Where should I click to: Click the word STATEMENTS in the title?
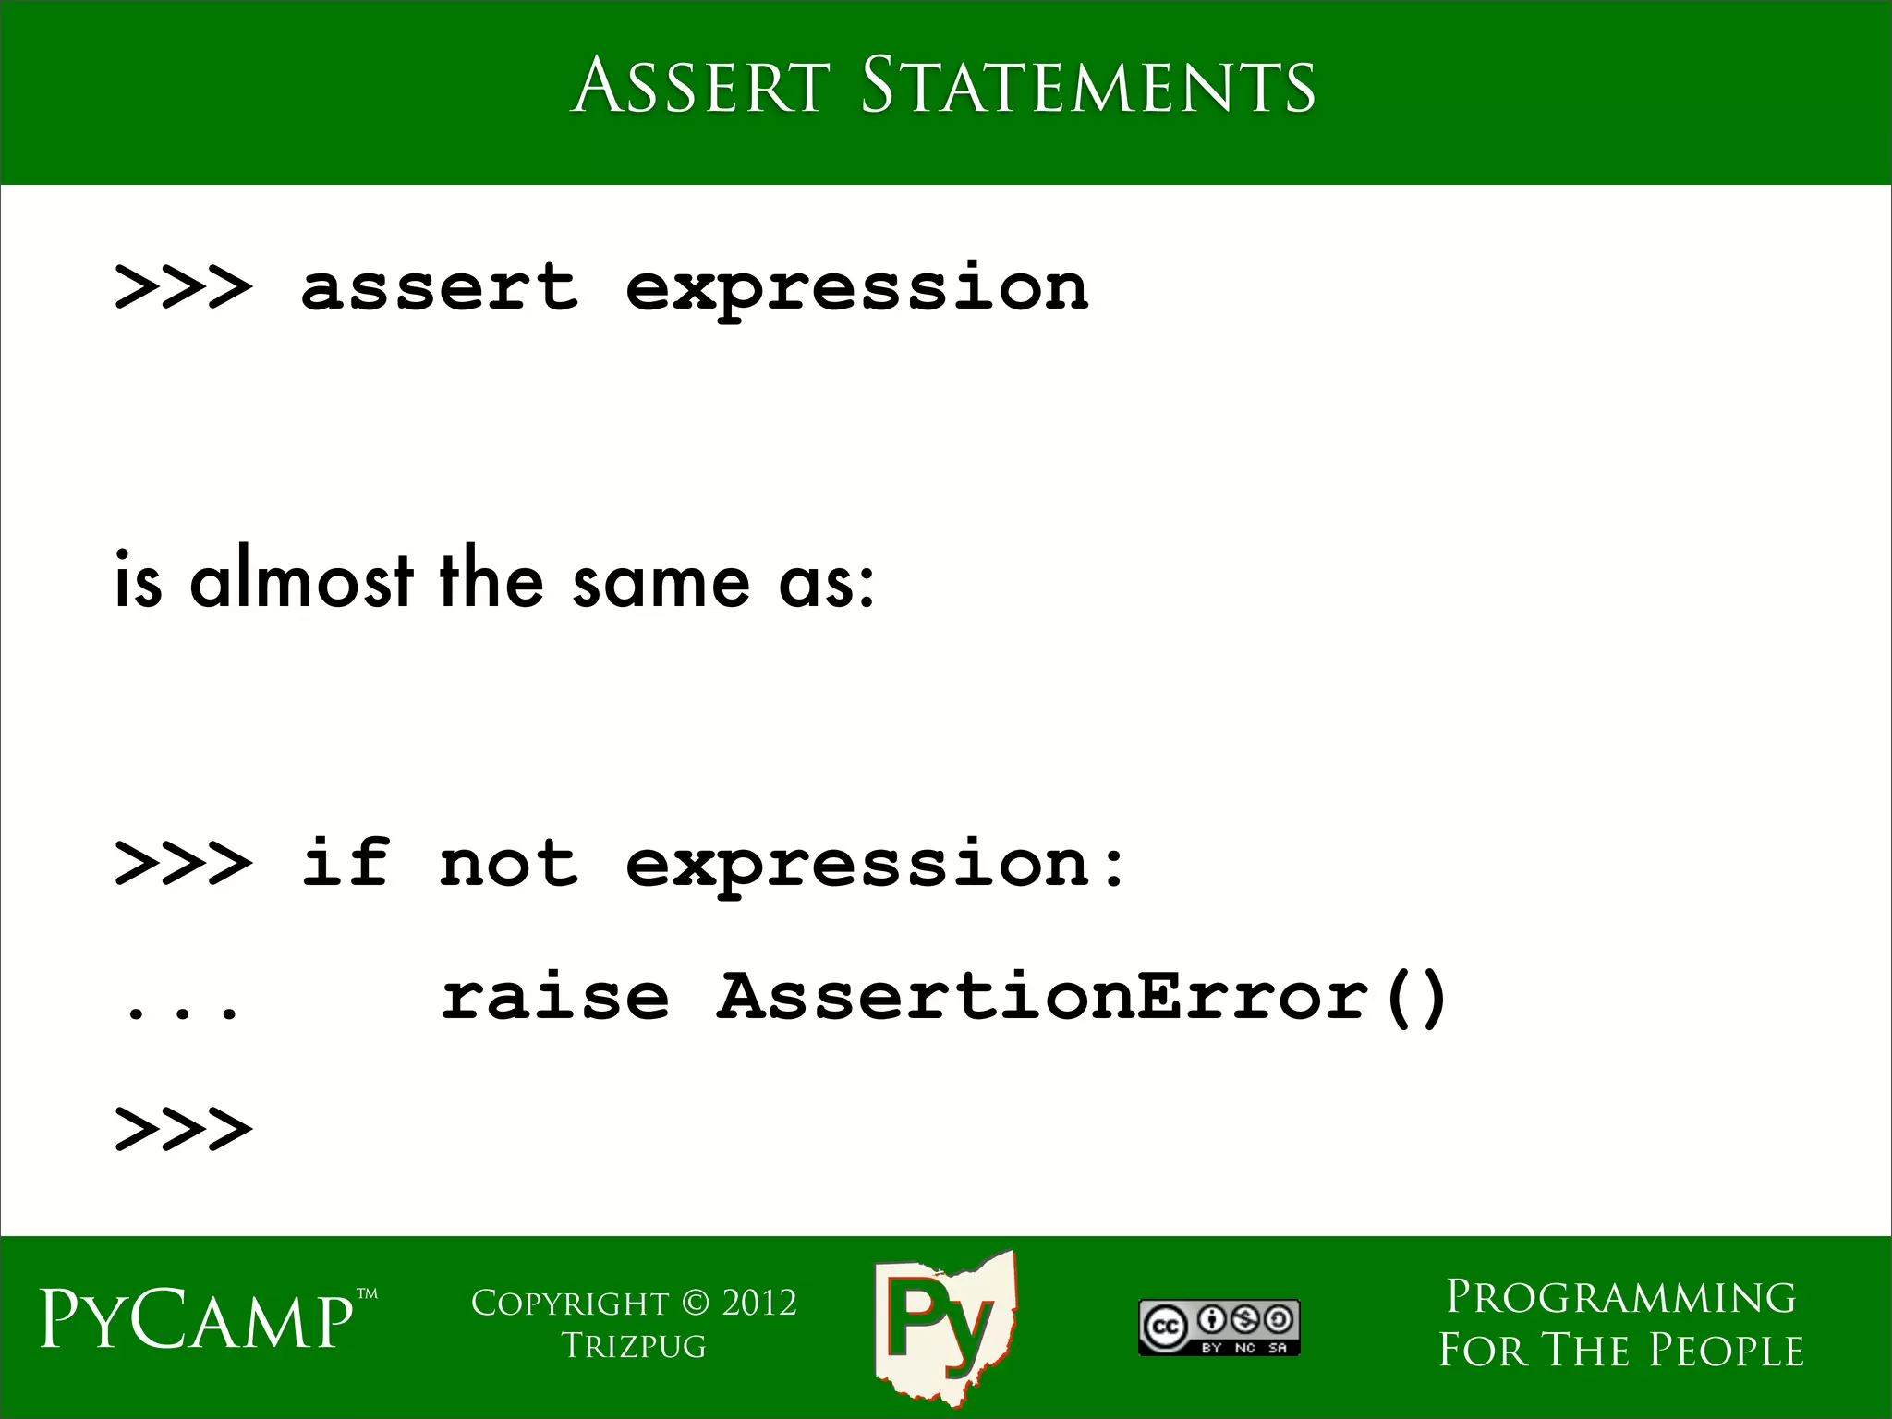coord(1088,85)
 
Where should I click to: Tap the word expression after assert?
coord(856,288)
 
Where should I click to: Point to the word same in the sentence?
coord(661,582)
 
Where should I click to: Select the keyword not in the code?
coord(508,863)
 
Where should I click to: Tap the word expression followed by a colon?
coord(873,865)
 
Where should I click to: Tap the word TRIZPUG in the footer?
coord(634,1346)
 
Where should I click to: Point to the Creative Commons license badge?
coord(1219,1328)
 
